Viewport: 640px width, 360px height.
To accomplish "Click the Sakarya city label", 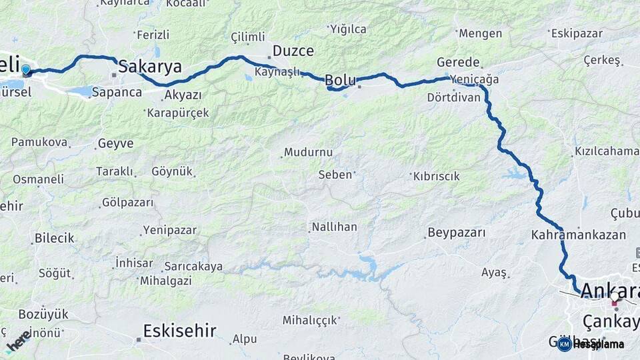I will [x=150, y=66].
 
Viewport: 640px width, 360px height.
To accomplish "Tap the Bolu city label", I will [x=340, y=80].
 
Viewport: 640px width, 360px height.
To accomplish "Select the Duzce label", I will [x=293, y=51].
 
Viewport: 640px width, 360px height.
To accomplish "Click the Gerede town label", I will [x=458, y=61].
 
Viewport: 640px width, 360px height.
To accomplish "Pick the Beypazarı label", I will [x=457, y=233].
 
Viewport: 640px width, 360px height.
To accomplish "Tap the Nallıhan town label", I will [x=334, y=227].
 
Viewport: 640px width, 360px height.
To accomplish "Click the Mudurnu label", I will [x=308, y=152].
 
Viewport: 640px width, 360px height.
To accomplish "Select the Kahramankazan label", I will [x=579, y=235].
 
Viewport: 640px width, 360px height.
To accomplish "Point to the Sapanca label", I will [x=117, y=92].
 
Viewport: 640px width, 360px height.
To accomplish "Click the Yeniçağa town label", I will [x=474, y=79].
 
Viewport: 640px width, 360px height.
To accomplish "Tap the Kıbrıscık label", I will [x=437, y=176].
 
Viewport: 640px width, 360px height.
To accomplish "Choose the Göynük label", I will [x=172, y=171].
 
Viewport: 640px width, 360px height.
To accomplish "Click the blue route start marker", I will [x=26, y=69].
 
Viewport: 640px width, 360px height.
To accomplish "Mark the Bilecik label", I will [x=55, y=238].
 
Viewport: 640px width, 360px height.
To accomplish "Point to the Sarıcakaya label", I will [x=193, y=267].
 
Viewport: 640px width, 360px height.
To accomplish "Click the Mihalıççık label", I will [x=310, y=320].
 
